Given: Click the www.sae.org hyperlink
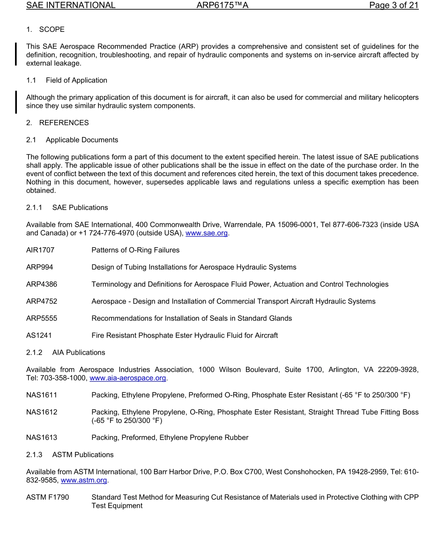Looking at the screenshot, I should click(x=207, y=233).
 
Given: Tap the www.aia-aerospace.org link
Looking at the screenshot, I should click(x=128, y=378).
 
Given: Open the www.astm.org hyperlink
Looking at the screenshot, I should click(x=84, y=480).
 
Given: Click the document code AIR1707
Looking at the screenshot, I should click(x=40, y=250).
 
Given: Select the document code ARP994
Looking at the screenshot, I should click(x=39, y=267).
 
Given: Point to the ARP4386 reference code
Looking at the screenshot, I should click(x=42, y=284).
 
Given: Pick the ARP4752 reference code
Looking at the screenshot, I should click(x=42, y=301).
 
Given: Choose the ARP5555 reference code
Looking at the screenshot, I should click(x=42, y=318).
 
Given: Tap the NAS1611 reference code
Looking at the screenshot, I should click(x=42, y=395).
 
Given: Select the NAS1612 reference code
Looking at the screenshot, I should click(x=42, y=412).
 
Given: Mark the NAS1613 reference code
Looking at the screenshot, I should click(x=42, y=437).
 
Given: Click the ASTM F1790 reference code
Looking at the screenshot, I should click(x=47, y=497).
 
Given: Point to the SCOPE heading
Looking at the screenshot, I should click(x=52, y=30).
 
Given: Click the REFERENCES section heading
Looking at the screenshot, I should click(x=64, y=123).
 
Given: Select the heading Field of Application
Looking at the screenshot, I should click(x=76, y=80).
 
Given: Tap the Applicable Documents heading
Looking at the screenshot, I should click(x=82, y=140).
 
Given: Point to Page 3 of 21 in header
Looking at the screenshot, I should click(x=393, y=6).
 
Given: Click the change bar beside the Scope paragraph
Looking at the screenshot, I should click(x=16, y=54).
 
